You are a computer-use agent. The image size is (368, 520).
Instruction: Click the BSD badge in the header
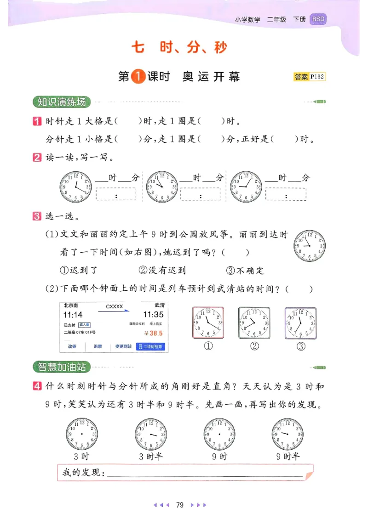[x=318, y=19]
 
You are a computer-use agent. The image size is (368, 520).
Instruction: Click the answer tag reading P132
[x=309, y=77]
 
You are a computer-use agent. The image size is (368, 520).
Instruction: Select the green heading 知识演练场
[x=62, y=102]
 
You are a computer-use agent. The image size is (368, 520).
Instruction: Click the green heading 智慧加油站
[x=62, y=367]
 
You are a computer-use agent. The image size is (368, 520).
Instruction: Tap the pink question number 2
[x=37, y=158]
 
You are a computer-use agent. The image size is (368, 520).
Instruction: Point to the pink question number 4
[x=37, y=386]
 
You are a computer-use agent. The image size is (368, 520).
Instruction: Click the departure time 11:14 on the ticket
[x=73, y=315]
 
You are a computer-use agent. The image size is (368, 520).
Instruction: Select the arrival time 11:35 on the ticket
[x=153, y=315]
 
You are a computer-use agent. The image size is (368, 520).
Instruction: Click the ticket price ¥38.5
[x=153, y=333]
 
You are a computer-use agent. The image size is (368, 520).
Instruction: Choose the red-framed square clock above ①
[x=208, y=322]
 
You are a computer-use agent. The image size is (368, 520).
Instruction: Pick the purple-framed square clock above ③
[x=300, y=322]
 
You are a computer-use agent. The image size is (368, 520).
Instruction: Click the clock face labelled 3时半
[x=150, y=434]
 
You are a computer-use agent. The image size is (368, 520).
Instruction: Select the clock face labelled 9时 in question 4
[x=219, y=434]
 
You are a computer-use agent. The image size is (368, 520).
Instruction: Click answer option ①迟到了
[x=79, y=271]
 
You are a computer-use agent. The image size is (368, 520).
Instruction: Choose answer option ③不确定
[x=245, y=271]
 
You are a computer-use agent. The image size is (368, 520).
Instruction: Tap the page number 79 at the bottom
[x=180, y=505]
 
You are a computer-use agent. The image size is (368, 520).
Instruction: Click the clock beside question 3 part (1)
[x=310, y=246]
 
